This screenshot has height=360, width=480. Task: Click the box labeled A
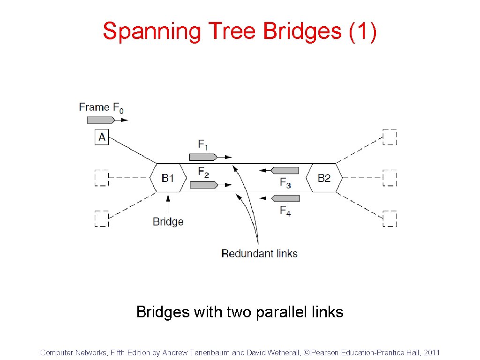[102, 137]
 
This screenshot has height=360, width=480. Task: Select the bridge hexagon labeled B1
[168, 178]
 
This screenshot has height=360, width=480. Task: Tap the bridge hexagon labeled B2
[324, 178]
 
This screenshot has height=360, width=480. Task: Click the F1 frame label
[203, 145]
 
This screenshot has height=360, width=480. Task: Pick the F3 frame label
[285, 183]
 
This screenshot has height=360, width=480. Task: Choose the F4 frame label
[285, 211]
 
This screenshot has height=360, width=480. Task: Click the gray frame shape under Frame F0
[100, 120]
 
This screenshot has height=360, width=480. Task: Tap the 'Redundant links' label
[259, 254]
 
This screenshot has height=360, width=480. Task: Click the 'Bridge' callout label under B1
[168, 222]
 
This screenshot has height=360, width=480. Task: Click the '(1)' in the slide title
[363, 31]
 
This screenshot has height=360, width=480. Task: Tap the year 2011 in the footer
[432, 352]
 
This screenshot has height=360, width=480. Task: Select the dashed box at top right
[390, 137]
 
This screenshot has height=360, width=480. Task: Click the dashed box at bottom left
[102, 219]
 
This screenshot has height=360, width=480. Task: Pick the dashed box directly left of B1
[102, 178]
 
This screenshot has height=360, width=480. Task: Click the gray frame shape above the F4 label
[285, 198]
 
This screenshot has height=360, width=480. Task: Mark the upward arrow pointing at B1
[168, 204]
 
